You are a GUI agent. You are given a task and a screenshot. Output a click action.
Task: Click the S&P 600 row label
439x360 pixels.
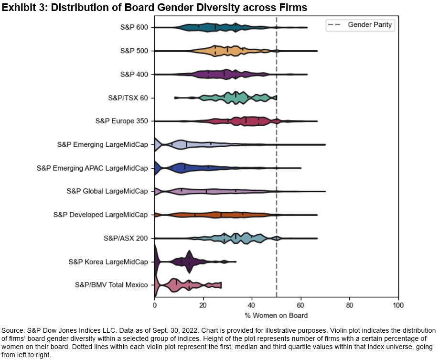click(134, 27)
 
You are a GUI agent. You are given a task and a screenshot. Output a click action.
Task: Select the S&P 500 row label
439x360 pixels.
click(134, 51)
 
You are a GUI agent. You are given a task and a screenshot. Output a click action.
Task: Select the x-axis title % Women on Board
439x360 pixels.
click(276, 316)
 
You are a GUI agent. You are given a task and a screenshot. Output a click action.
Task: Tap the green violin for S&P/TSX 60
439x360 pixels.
click(234, 98)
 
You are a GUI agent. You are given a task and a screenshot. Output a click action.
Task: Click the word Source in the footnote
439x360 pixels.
click(13, 331)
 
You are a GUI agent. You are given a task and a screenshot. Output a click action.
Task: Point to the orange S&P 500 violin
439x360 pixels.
click(225, 51)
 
